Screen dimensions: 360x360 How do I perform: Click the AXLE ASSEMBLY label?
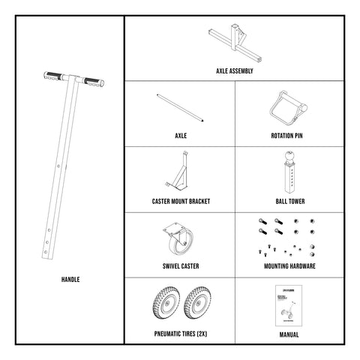coord(234,71)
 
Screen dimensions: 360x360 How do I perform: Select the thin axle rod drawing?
coord(180,107)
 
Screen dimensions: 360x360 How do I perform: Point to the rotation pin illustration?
coord(288,107)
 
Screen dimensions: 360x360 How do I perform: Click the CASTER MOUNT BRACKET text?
coord(180,202)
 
